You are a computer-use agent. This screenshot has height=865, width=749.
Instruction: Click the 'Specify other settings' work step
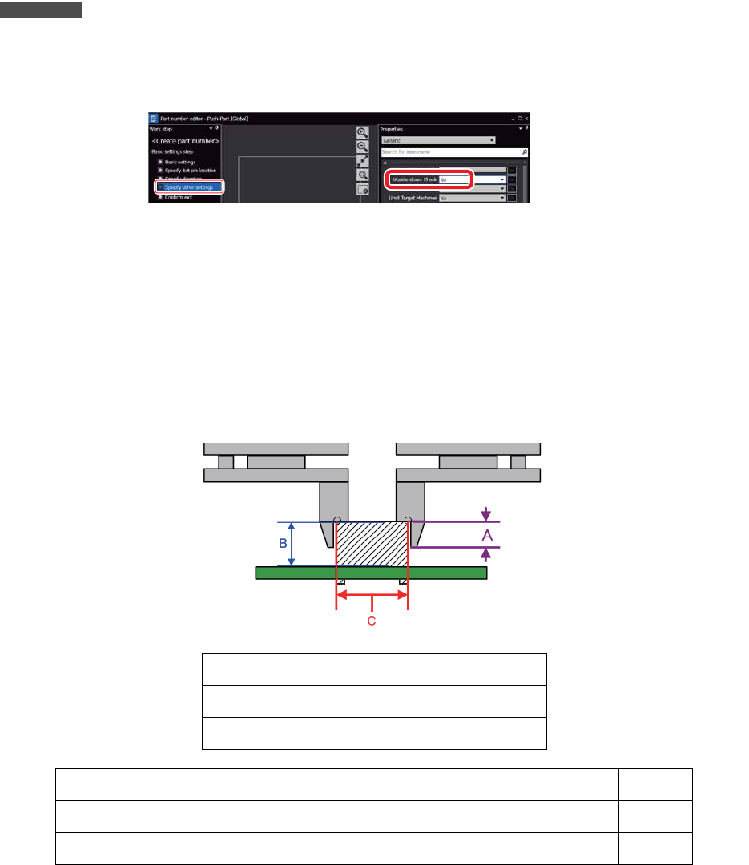pos(190,187)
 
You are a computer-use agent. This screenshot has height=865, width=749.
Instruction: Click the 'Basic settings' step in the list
pos(179,162)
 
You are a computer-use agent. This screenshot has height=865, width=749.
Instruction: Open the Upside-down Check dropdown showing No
pos(473,179)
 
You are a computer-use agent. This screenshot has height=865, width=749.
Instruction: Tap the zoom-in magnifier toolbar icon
pos(363,133)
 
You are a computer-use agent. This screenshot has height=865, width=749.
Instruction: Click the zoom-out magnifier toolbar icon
pos(363,147)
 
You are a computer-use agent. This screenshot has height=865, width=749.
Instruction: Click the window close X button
pos(526,118)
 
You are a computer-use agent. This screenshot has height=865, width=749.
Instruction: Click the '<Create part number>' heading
pos(186,141)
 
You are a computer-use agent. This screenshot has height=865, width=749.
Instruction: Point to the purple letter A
pos(486,534)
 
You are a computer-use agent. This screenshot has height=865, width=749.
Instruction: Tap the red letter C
pos(371,621)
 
